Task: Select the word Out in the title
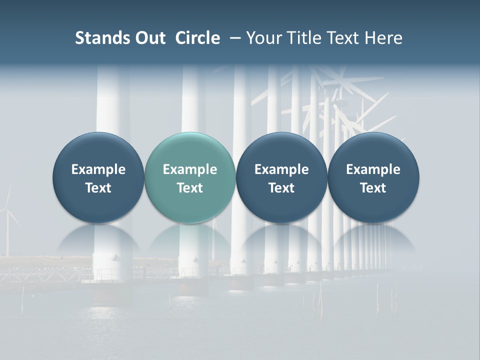(148, 38)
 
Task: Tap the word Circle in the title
(197, 38)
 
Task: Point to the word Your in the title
(263, 38)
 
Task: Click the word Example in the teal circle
(190, 169)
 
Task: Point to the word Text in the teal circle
(190, 188)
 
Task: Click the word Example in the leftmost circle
(98, 169)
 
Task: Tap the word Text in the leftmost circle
(98, 188)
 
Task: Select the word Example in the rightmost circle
(373, 169)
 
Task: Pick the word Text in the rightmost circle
(373, 188)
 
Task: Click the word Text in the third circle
(281, 188)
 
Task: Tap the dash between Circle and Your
(233, 38)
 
